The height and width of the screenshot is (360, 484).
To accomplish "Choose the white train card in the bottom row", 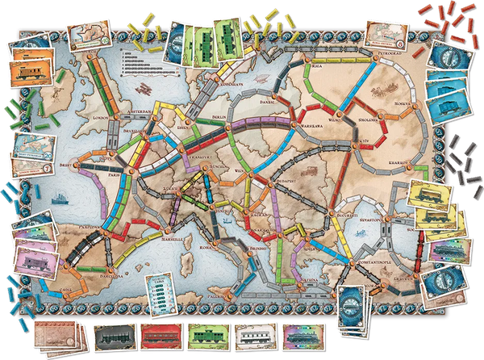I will (255, 336).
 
